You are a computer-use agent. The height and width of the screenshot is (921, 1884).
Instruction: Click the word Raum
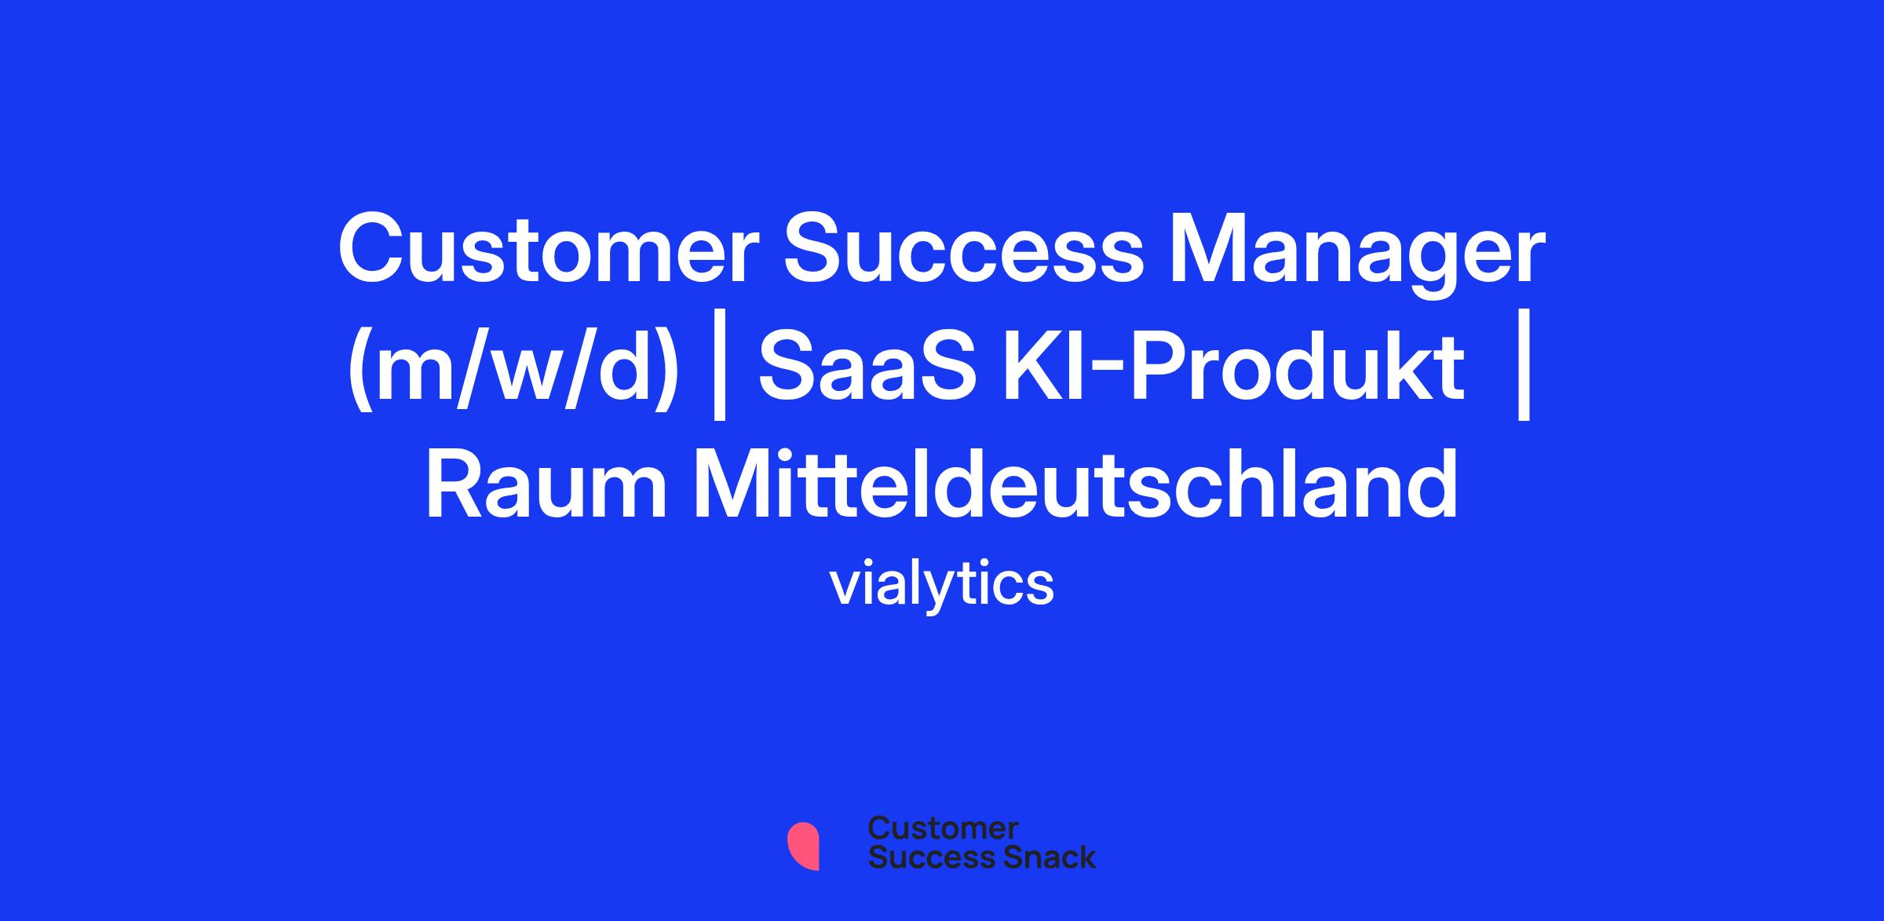[x=546, y=484]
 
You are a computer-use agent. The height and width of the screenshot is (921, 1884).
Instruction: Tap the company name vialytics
[x=942, y=585]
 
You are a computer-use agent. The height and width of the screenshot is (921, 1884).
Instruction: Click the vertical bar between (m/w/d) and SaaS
[x=718, y=369]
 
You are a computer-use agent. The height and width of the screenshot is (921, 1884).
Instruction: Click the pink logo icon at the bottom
[x=803, y=846]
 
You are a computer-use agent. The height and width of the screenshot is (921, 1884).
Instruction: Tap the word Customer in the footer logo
[x=943, y=828]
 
